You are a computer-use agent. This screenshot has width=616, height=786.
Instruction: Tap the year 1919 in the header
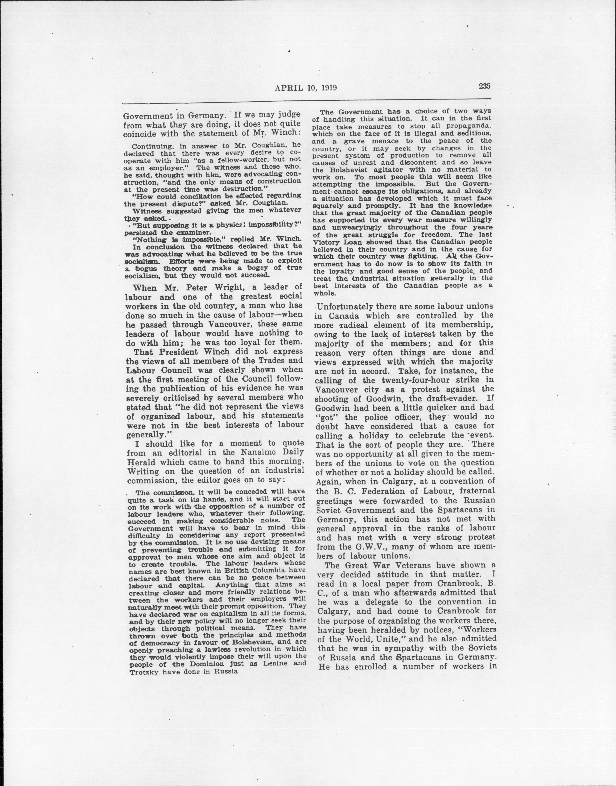[327, 88]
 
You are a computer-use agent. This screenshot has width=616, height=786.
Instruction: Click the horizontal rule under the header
[307, 101]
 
